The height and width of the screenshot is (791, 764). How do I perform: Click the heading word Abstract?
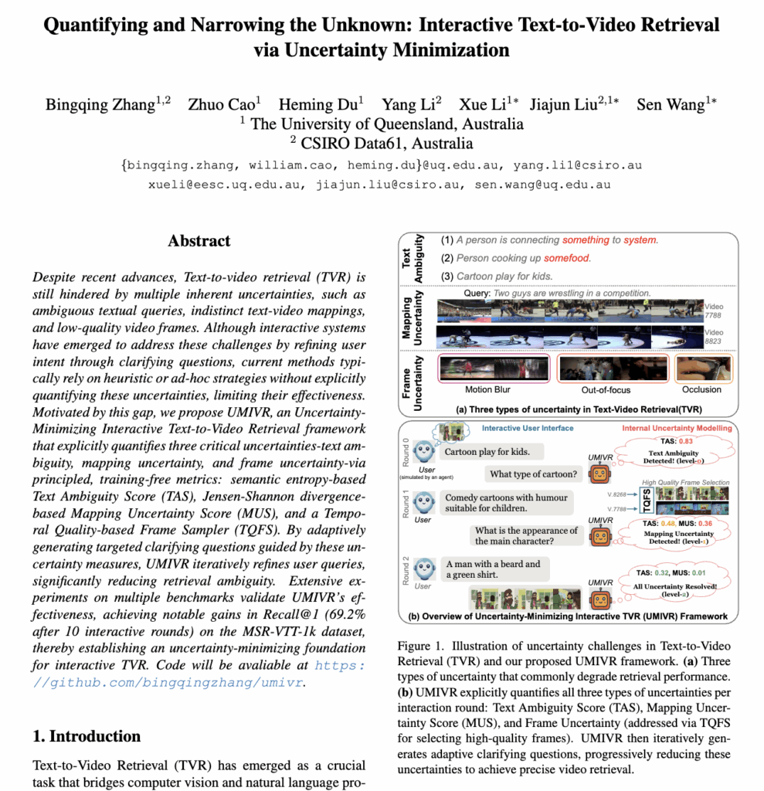[x=199, y=241]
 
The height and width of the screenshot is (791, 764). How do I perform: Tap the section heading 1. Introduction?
[x=87, y=735]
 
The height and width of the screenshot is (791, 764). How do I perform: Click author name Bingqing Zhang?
[x=107, y=105]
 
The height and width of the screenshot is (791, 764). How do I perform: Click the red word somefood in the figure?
[x=567, y=258]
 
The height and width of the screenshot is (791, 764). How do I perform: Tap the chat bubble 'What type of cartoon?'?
[x=533, y=474]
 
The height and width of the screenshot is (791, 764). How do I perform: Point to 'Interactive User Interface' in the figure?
[x=528, y=427]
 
